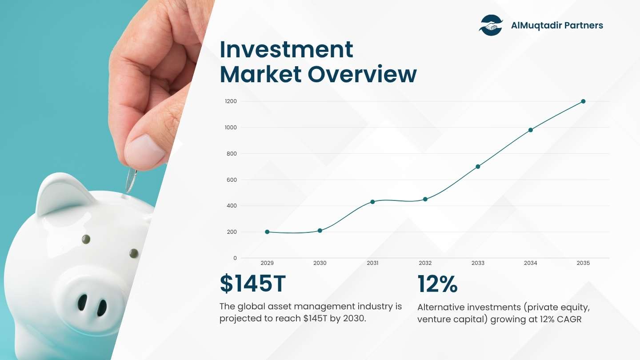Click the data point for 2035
pos(583,101)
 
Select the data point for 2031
pos(372,202)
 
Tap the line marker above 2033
pos(478,167)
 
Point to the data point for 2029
pos(267,232)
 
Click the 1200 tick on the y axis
pos(231,101)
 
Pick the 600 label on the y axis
pos(232,180)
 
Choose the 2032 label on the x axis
pos(425,263)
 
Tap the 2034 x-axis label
pos(530,263)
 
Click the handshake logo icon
pos(491,25)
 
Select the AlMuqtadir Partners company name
pos(557,25)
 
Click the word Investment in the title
pos(287,49)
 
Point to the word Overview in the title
pos(362,74)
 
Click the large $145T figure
pos(253,284)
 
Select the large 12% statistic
pos(437,284)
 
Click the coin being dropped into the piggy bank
pos(131,180)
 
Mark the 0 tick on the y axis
pos(235,258)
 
